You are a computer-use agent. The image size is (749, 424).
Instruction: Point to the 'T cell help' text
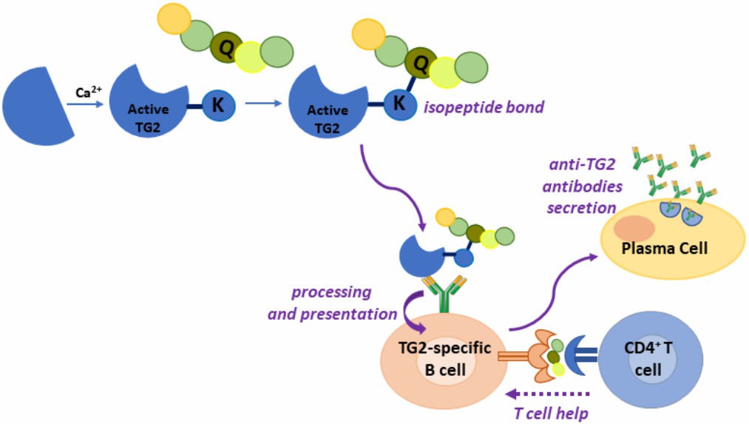551,413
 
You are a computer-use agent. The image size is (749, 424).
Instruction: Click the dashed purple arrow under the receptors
546,394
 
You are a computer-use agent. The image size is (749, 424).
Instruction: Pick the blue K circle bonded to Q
399,103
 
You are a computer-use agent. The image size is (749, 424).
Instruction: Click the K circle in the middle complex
217,105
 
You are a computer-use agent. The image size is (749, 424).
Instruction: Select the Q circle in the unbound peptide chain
226,47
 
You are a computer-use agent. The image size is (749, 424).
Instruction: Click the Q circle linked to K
420,62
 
